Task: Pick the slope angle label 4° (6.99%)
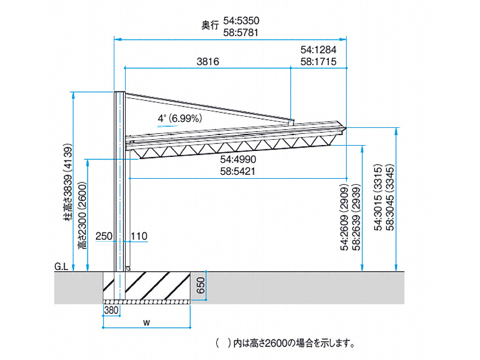[180, 118]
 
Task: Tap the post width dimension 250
[102, 236]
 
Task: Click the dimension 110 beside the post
[139, 236]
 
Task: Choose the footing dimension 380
[111, 309]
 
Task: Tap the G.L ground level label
[62, 266]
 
